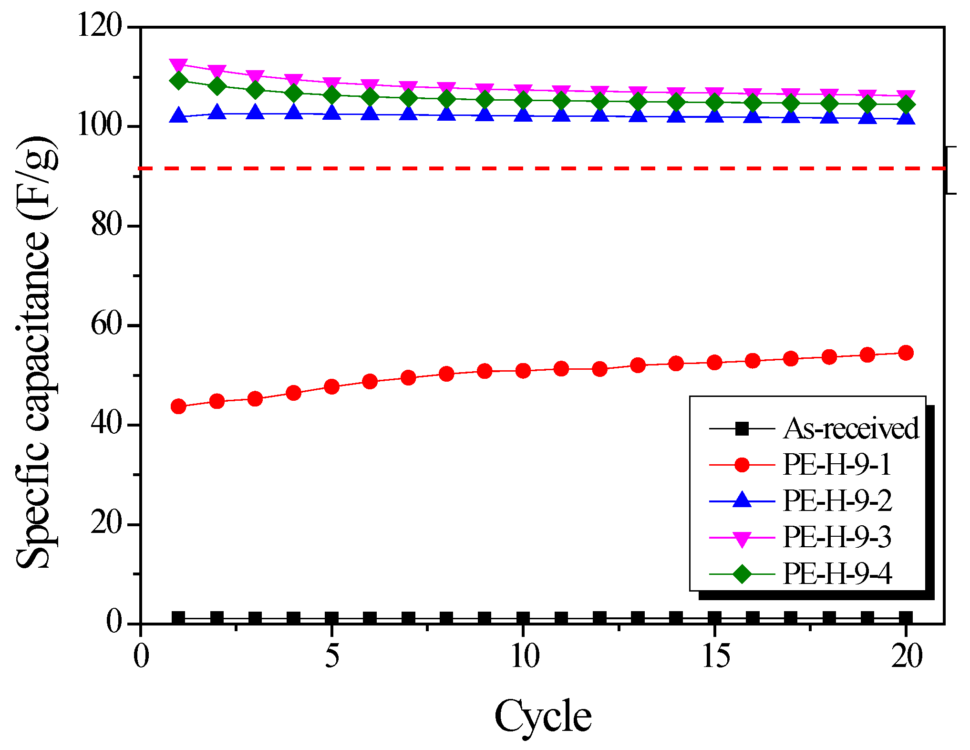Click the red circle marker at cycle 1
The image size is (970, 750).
pyautogui.click(x=178, y=406)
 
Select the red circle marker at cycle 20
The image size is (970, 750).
pyautogui.click(x=906, y=353)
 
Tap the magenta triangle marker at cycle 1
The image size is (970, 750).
pyautogui.click(x=178, y=65)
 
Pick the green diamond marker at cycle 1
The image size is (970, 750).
pyautogui.click(x=178, y=80)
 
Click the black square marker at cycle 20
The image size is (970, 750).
pyautogui.click(x=906, y=618)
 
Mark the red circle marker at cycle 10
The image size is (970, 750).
pyautogui.click(x=523, y=371)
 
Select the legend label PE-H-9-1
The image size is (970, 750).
pyautogui.click(x=837, y=464)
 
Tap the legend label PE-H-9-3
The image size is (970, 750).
pyautogui.click(x=837, y=537)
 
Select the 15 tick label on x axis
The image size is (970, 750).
pyautogui.click(x=715, y=656)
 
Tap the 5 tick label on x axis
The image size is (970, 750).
pyautogui.click(x=332, y=656)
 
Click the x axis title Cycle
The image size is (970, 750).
pyautogui.click(x=543, y=717)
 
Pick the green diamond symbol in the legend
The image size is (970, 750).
pyautogui.click(x=742, y=573)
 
